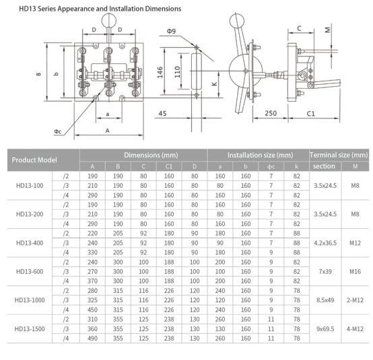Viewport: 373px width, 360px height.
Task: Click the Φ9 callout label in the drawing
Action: coord(171,31)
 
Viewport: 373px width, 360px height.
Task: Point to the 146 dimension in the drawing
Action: coord(160,72)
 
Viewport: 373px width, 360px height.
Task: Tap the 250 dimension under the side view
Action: coord(271,113)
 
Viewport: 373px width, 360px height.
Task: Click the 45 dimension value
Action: coord(162,114)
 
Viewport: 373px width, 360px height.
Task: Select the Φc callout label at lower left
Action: coord(58,131)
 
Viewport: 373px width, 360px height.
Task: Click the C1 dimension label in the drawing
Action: coord(310,114)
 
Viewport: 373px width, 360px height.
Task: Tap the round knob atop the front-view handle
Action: coord(109,21)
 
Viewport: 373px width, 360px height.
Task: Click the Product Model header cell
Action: coord(34,159)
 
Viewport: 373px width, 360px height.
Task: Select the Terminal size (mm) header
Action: coord(339,155)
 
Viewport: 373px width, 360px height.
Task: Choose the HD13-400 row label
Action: coord(30,243)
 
